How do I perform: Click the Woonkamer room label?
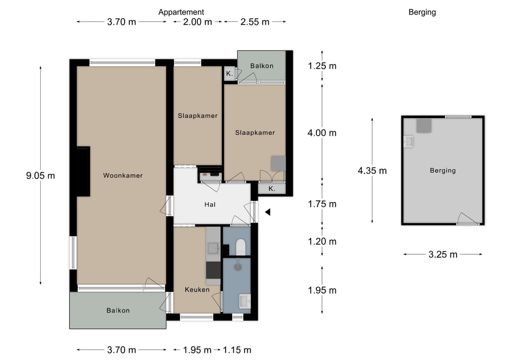(123, 176)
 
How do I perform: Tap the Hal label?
(210, 204)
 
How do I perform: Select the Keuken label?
(197, 290)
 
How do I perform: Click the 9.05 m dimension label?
(40, 176)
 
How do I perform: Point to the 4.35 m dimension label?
(372, 171)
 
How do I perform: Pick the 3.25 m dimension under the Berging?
(442, 254)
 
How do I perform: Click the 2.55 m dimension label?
(255, 22)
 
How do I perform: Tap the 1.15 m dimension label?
(237, 350)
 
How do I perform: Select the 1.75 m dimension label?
(322, 204)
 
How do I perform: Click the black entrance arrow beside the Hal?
(268, 212)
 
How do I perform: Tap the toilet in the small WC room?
(240, 247)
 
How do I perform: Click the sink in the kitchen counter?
(214, 248)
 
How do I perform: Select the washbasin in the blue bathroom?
(245, 301)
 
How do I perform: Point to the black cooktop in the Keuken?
(213, 270)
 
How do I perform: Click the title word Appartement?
(181, 12)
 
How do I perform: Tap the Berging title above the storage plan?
(422, 12)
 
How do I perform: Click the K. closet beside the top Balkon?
(229, 74)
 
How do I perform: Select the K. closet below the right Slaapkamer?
(272, 188)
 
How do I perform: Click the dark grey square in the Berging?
(424, 126)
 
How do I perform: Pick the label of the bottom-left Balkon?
(118, 310)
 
